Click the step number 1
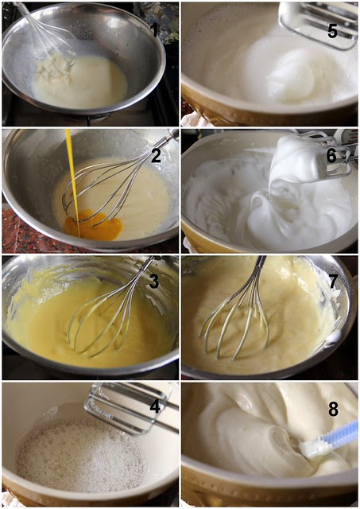click(155, 30)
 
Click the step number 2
click(156, 155)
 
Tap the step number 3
click(154, 282)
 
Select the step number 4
click(155, 406)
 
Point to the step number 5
click(332, 31)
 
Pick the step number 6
click(331, 156)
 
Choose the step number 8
click(334, 409)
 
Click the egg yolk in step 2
click(94, 225)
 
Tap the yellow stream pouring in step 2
click(72, 182)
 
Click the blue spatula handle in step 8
click(341, 434)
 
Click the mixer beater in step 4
click(131, 407)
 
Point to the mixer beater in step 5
click(318, 25)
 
